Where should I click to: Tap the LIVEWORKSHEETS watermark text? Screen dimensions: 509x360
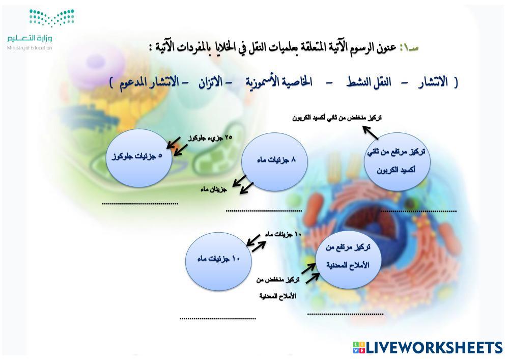[x=428, y=347]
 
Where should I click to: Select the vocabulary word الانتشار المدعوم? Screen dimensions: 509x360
[x=149, y=82]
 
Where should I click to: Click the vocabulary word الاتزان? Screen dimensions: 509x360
[x=211, y=82]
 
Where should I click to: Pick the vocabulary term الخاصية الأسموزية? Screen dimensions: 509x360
[x=279, y=82]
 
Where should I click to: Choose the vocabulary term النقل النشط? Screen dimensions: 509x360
[x=369, y=82]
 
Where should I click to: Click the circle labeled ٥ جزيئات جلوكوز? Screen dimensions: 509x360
[x=139, y=158]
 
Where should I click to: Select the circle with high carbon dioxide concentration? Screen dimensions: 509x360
[x=397, y=161]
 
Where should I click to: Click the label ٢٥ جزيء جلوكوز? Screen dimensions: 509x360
[x=210, y=138]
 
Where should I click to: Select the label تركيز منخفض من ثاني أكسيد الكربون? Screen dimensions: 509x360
[x=337, y=118]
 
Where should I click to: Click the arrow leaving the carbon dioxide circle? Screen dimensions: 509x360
[x=371, y=133]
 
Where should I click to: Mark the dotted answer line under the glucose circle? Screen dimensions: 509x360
[x=140, y=204]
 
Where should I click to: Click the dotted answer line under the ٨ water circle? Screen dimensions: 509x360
[x=264, y=211]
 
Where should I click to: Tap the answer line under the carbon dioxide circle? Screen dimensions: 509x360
[x=418, y=211]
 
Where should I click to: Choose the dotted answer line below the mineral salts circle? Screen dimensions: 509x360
[x=346, y=314]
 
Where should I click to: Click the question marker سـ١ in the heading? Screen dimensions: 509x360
[x=409, y=48]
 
